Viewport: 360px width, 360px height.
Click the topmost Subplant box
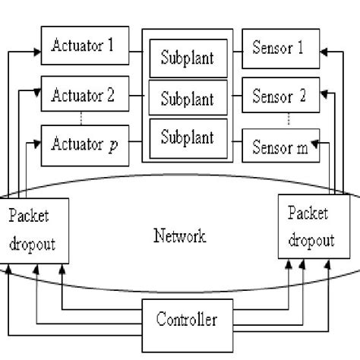pyautogui.click(x=187, y=58)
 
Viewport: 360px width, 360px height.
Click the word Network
pyautogui.click(x=179, y=236)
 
